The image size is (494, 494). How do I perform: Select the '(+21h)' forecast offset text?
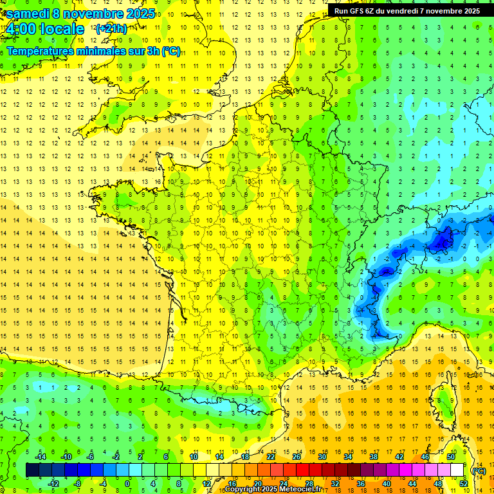111,29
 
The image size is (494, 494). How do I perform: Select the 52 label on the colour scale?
464,483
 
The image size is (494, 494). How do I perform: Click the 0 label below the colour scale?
127,483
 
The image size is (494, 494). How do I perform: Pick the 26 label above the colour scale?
297,457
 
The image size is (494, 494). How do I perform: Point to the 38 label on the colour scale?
374,457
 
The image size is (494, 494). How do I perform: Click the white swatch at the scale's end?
457,470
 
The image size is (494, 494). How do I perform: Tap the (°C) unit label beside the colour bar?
479,470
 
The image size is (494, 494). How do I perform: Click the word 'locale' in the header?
62,29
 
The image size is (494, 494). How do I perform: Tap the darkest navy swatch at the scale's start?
32,470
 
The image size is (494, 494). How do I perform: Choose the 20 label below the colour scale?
257,483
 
